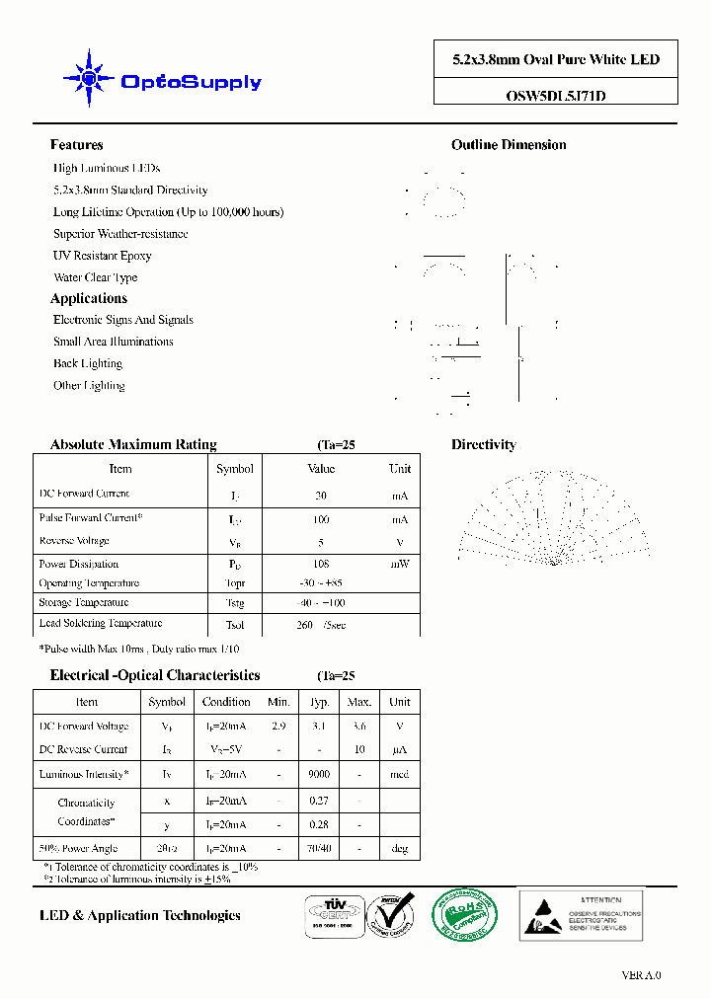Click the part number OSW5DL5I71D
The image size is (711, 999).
[548, 96]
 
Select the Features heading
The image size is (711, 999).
[76, 145]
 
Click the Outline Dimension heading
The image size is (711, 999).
[509, 145]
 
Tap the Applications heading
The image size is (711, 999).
[89, 298]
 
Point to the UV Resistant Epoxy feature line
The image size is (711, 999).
[103, 256]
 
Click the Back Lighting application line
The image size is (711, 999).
[88, 363]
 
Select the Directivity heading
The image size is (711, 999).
[484, 445]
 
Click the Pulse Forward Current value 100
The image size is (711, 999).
[321, 519]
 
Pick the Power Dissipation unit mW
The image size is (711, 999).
[399, 564]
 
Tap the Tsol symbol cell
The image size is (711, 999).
[235, 625]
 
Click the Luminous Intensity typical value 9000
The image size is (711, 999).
[319, 775]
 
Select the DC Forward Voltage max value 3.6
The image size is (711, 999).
[359, 727]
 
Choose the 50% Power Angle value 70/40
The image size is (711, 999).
[319, 848]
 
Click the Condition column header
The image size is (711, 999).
[226, 702]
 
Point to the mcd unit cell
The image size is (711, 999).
[399, 775]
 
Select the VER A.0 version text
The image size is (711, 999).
[641, 975]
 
